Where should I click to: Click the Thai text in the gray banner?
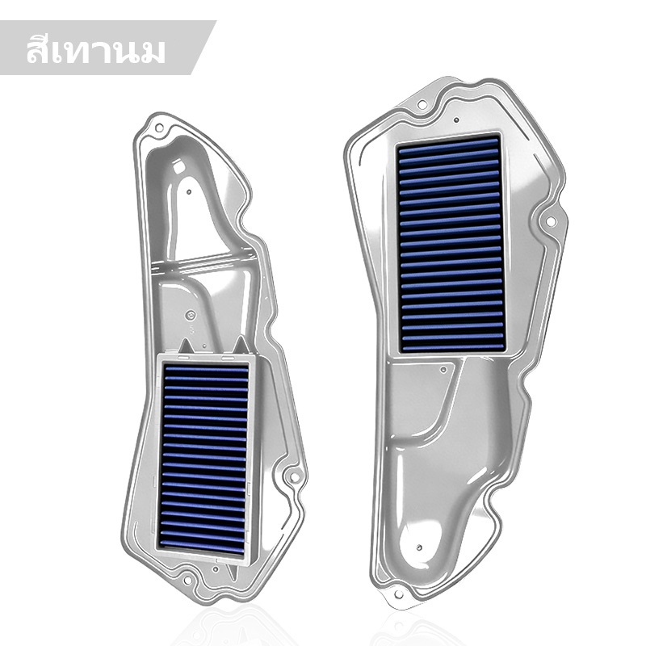(x=95, y=51)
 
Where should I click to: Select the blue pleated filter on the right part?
(x=451, y=243)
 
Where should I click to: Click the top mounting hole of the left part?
(x=159, y=128)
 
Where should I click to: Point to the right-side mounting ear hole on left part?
(x=295, y=477)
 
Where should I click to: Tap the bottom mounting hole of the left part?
(x=187, y=581)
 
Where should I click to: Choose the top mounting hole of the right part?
(x=422, y=105)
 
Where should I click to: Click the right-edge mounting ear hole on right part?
(x=551, y=221)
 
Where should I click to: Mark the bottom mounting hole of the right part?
(x=398, y=594)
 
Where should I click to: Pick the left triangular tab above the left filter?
(x=185, y=346)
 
